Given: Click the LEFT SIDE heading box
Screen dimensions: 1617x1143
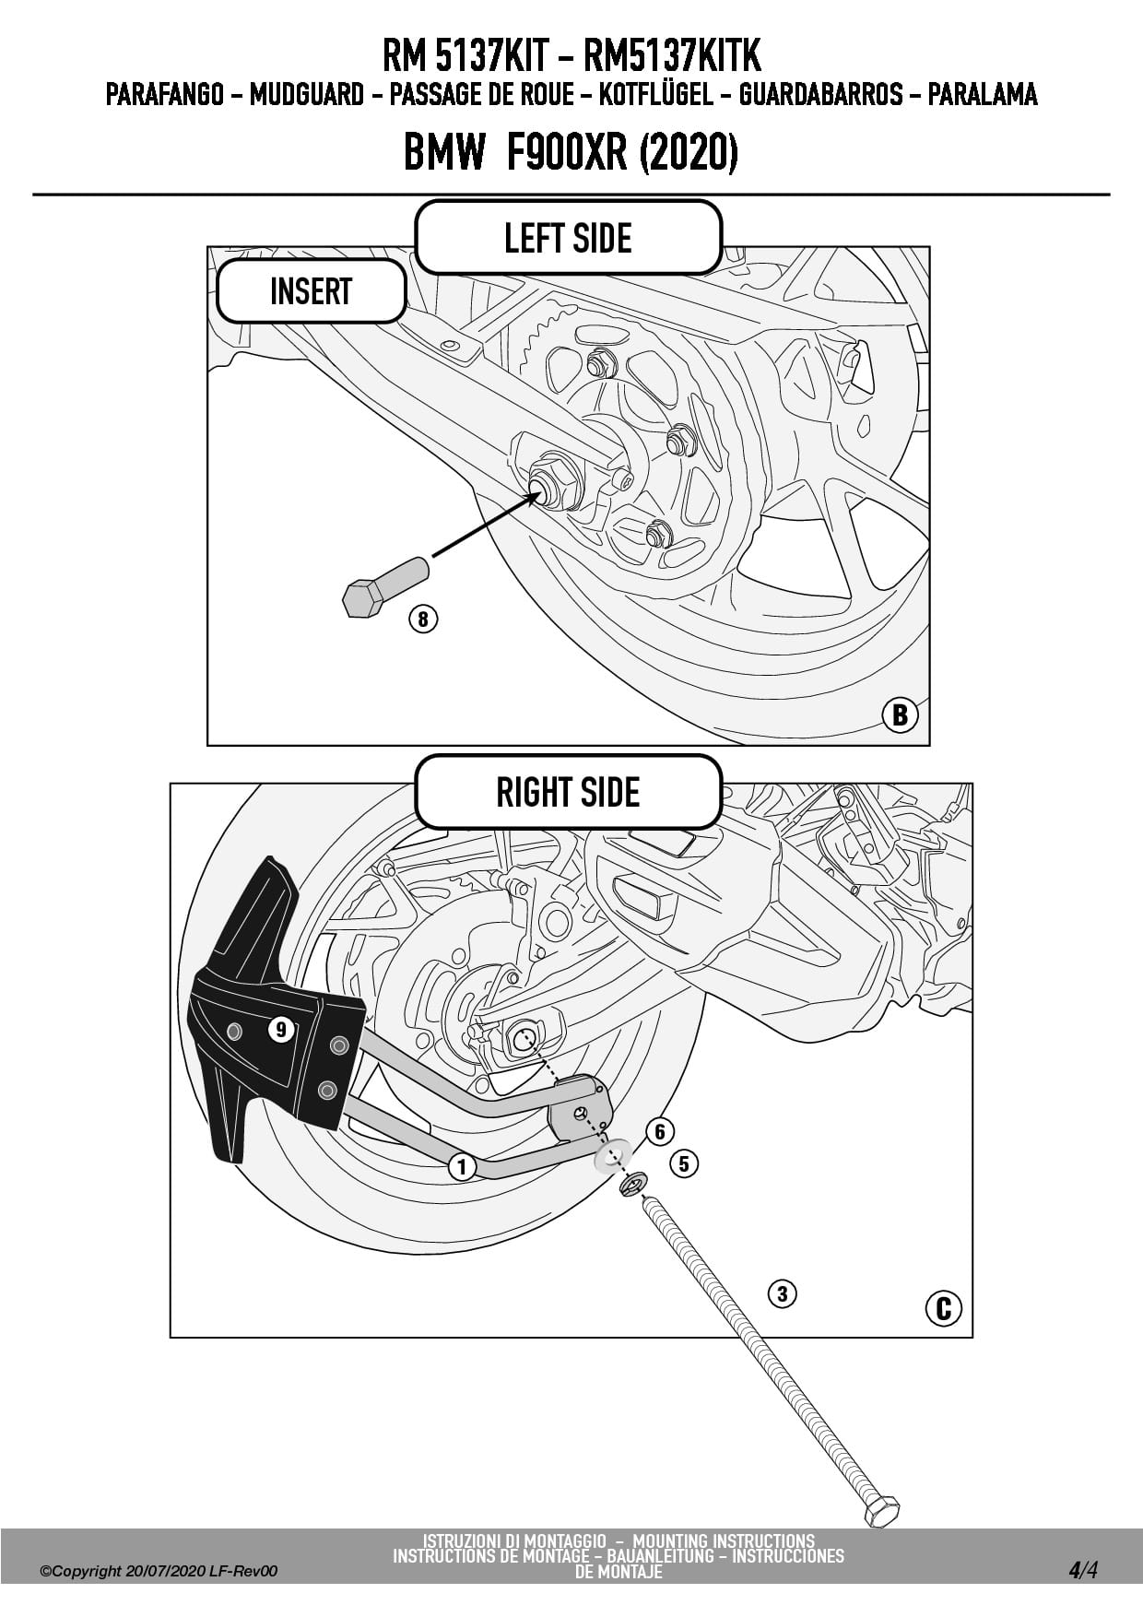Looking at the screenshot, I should pos(568,238).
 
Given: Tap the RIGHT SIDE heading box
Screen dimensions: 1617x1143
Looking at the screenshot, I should pos(568,792).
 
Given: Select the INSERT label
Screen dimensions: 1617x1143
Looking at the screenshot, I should pos(311,291).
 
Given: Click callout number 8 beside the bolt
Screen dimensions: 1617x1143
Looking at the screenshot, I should pos(423,618).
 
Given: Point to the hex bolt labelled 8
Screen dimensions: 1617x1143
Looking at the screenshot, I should pos(383,585).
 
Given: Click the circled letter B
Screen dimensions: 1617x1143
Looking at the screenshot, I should pos(900,715).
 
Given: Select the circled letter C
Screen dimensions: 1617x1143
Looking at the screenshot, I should pos(943,1309).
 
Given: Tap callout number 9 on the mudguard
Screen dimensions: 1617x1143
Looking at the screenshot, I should pos(281,1029).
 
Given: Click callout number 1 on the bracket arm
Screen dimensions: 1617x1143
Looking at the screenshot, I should pos(462,1167).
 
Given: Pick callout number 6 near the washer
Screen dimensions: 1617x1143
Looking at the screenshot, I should pos(660,1131).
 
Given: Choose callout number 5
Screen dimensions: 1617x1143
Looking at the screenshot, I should pos(683,1163).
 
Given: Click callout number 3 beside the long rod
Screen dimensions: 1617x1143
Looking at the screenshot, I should pos(782,1293).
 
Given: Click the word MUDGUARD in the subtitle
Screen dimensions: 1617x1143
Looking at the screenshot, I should pos(306,94).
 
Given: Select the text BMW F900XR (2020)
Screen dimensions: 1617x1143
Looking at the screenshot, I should pos(571,152).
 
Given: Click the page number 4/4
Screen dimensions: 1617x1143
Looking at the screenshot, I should pos(1083,1570).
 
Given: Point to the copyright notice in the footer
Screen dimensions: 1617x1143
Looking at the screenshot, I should pos(159,1571).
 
